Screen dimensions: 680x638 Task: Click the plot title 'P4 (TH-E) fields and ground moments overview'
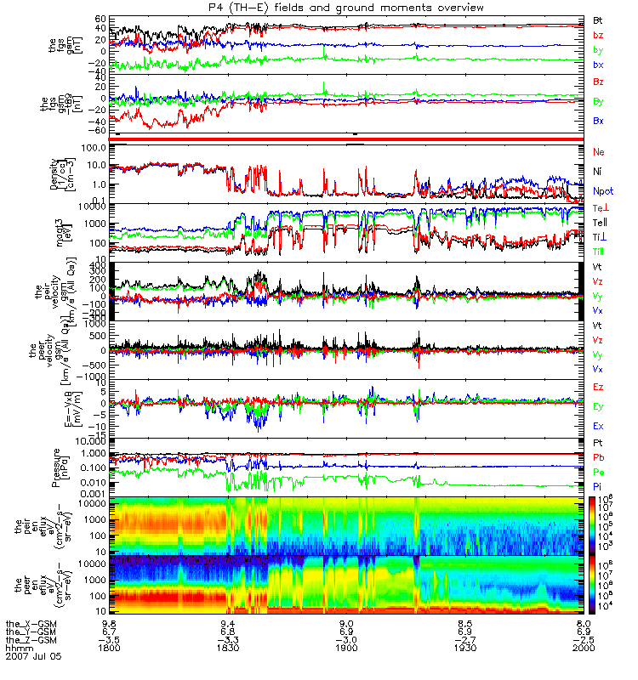tap(320, 7)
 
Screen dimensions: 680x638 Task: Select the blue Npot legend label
tap(601, 193)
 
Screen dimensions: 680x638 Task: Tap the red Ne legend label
tap(598, 151)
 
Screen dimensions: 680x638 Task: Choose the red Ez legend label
tap(598, 388)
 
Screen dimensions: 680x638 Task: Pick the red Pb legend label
tap(598, 457)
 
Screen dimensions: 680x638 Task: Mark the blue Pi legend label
tap(598, 485)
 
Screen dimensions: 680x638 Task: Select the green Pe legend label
tap(598, 472)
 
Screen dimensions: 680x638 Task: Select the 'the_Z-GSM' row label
tap(30, 639)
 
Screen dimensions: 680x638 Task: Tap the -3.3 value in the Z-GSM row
tap(226, 639)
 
